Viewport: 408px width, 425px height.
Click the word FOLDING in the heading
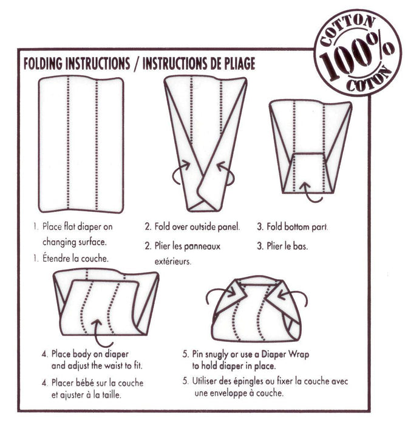tap(50, 64)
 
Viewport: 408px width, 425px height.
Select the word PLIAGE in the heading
tap(233, 64)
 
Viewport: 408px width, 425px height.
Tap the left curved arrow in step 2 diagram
tap(178, 174)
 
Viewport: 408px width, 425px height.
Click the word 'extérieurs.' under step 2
tap(171, 262)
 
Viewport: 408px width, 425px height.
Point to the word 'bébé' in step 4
tap(87, 383)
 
